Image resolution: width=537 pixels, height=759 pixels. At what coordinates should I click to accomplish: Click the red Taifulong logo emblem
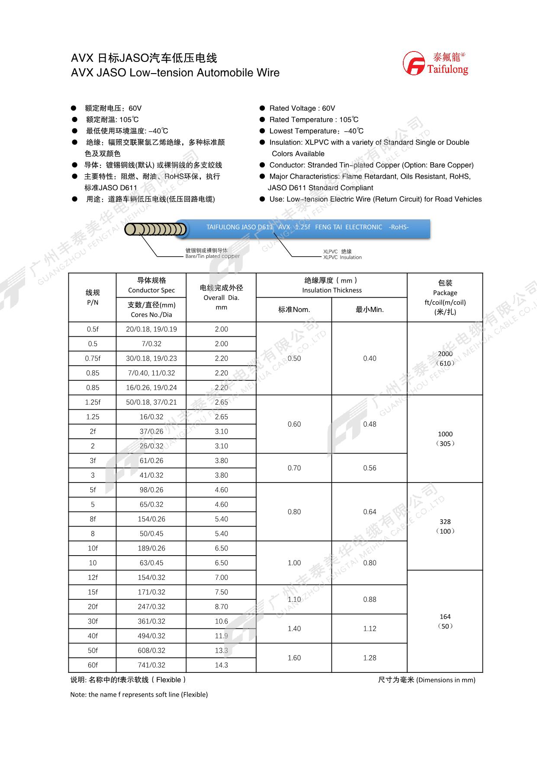pyautogui.click(x=414, y=63)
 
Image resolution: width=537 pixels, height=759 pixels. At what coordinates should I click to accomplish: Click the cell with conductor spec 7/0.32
pyautogui.click(x=151, y=344)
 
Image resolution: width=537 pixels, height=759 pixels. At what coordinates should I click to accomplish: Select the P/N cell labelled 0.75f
pyautogui.click(x=93, y=358)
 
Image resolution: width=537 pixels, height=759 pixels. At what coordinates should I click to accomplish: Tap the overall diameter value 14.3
pyautogui.click(x=221, y=665)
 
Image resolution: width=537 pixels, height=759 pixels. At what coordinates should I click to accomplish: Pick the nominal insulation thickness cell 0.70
pyautogui.click(x=294, y=468)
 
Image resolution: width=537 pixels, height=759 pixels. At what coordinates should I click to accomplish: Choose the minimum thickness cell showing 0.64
pyautogui.click(x=370, y=512)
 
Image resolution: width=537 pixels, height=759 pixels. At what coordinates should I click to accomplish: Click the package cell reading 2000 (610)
pyautogui.click(x=445, y=358)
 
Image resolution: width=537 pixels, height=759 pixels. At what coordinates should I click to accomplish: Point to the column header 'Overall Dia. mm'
pyautogui.click(x=221, y=297)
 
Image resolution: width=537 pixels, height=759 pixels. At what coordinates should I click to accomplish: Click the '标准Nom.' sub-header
pyautogui.click(x=294, y=310)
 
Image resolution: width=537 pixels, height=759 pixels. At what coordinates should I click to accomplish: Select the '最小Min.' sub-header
pyautogui.click(x=370, y=310)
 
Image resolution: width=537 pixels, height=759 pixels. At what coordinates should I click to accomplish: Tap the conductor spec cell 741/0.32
pyautogui.click(x=151, y=665)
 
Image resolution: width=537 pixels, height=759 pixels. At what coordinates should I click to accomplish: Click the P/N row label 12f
pyautogui.click(x=93, y=577)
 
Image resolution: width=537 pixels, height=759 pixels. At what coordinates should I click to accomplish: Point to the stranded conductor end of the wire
pyautogui.click(x=156, y=229)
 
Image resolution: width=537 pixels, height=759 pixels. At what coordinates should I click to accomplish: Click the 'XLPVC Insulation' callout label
pyautogui.click(x=342, y=254)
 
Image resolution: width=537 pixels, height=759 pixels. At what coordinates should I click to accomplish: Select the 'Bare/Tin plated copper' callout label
pyautogui.click(x=212, y=253)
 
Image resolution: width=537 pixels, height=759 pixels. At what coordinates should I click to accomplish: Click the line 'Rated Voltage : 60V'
pyautogui.click(x=302, y=108)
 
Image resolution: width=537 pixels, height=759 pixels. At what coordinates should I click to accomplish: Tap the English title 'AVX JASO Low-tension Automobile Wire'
pyautogui.click(x=175, y=73)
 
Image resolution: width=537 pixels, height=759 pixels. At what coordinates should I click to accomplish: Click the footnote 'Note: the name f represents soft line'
pyautogui.click(x=139, y=695)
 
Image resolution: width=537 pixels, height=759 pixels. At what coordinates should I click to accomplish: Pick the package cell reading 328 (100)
pyautogui.click(x=445, y=526)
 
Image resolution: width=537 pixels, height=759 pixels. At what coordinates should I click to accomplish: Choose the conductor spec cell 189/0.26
pyautogui.click(x=151, y=548)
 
